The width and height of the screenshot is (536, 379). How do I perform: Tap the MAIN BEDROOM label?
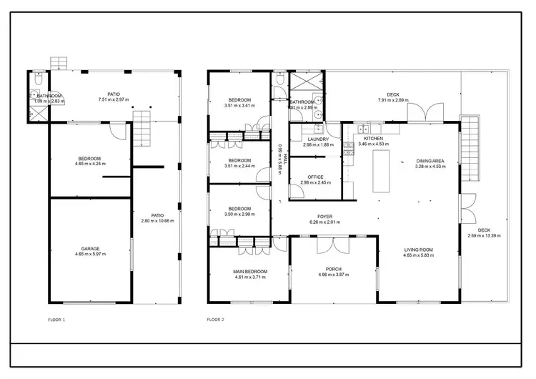[x=249, y=271]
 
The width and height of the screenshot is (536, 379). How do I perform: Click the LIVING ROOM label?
[x=418, y=250]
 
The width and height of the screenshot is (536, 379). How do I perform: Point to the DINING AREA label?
[x=430, y=161]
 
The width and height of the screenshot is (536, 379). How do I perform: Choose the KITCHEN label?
[x=373, y=138]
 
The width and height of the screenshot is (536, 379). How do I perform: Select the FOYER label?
[x=326, y=216]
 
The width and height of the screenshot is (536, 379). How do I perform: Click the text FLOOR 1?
[x=56, y=319]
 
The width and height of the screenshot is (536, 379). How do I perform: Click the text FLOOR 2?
[x=216, y=319]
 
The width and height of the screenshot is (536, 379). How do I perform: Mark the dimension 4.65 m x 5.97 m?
[x=90, y=254]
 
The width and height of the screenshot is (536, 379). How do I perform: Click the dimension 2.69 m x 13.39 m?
[x=484, y=235]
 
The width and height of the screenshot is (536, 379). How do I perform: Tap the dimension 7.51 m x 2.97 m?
[x=113, y=99]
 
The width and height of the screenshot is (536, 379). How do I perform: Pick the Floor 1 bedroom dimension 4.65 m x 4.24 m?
[x=90, y=164]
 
